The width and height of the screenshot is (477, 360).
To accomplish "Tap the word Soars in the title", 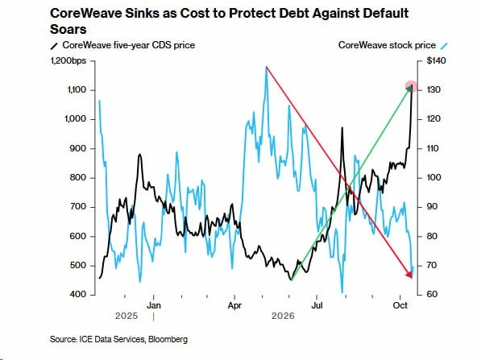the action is (68, 29).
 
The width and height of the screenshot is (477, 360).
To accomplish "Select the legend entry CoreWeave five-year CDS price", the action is (129, 45).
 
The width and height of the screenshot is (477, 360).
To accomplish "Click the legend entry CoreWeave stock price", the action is (387, 45).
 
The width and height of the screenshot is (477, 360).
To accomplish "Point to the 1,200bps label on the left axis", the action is (68, 60).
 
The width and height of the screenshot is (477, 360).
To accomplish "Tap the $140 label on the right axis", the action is (436, 60).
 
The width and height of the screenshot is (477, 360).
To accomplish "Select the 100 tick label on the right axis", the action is (433, 177).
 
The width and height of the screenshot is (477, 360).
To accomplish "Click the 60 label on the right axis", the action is (432, 294).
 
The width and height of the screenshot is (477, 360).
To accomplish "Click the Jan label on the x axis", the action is (154, 305).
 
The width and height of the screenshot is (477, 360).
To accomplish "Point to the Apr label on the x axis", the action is (234, 305).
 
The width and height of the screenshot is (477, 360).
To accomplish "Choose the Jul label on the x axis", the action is (317, 305).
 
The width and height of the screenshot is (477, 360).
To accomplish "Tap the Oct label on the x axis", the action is (400, 305).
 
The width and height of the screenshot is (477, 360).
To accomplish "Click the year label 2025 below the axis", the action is (127, 316).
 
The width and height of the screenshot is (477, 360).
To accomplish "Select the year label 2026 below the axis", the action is (283, 316).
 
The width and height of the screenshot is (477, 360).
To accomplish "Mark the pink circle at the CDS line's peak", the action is (411, 86).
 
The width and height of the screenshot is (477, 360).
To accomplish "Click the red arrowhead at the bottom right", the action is (409, 275).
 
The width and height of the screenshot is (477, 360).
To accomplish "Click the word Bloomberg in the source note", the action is (168, 339).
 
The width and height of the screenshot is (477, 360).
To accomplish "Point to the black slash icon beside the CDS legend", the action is (54, 46).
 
